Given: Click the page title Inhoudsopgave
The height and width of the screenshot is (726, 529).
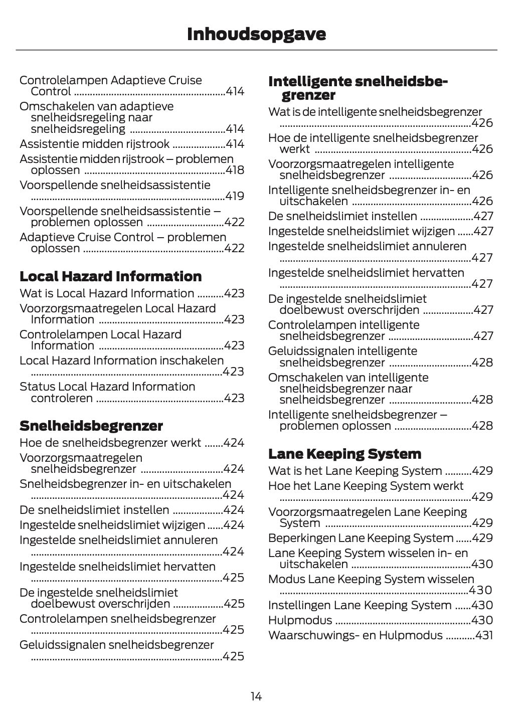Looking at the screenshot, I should [256, 34].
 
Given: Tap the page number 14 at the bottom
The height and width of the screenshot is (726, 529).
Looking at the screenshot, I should [256, 696].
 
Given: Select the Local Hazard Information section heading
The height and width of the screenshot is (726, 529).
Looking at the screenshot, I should [110, 276].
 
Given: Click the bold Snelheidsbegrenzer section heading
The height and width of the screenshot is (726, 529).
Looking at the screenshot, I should [91, 426].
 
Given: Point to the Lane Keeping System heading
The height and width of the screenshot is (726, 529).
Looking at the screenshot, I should [344, 454].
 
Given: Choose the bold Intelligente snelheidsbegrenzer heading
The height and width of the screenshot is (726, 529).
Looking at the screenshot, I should [358, 88].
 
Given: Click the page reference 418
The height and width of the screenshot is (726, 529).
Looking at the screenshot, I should [235, 170].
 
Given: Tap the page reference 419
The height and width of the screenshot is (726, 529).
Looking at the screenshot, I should [235, 196].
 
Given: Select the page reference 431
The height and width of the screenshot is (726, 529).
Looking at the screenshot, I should [484, 635].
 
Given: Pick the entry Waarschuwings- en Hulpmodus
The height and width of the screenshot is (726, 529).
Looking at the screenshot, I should [355, 635].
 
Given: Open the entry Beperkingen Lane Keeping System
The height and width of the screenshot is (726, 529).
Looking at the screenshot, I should [361, 538].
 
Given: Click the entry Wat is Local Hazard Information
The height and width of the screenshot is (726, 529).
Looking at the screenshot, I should [106, 293].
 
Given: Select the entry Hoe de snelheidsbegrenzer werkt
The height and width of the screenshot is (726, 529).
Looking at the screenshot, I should [110, 443].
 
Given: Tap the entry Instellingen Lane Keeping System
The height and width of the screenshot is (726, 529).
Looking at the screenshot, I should [360, 605].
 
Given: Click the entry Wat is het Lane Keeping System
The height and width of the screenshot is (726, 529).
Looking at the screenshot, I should [355, 471].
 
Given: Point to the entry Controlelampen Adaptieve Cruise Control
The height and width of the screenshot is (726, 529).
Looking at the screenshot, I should [110, 85].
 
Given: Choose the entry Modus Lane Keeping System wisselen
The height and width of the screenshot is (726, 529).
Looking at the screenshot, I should [371, 579].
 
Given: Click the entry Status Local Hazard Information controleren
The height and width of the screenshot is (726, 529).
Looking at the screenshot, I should [107, 392].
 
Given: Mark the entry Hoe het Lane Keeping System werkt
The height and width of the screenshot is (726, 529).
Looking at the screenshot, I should [366, 486].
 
